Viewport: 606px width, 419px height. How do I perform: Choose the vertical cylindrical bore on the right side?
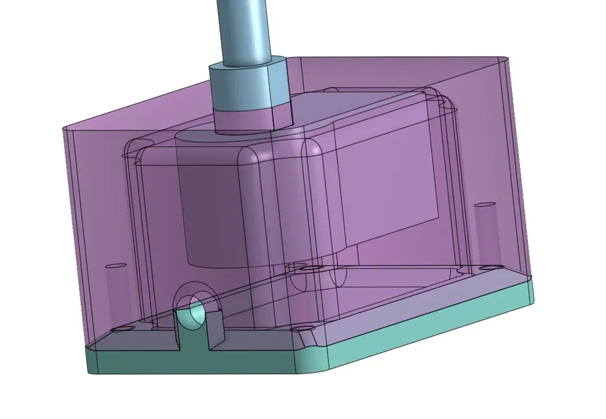coord(485,231)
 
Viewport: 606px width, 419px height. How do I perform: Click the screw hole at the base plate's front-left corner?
coord(121,330)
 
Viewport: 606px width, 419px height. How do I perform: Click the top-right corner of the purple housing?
coord(505,59)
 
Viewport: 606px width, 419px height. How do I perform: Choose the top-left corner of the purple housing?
coord(65,127)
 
